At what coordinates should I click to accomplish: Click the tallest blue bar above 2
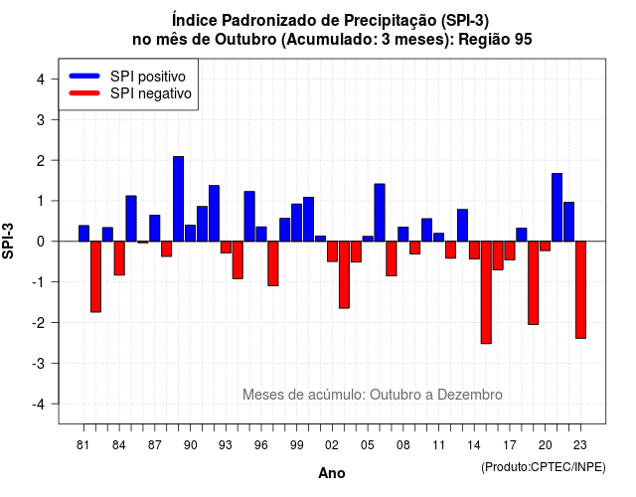[179, 199]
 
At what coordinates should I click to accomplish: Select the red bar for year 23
[580, 289]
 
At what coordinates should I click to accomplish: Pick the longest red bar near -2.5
[486, 292]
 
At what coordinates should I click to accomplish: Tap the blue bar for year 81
[83, 234]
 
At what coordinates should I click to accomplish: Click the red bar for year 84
[119, 258]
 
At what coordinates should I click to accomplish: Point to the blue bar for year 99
[297, 223]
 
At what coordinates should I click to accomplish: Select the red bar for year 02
[332, 251]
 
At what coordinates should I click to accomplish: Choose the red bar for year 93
[226, 248]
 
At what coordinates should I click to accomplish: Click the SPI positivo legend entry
[127, 77]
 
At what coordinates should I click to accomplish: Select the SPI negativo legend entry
[130, 93]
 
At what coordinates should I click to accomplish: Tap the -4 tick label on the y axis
[40, 405]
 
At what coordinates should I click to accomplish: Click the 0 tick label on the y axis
[41, 242]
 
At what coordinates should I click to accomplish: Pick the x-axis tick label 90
[190, 445]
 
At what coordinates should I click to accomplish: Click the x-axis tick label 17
[510, 445]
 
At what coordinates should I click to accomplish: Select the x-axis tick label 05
[368, 445]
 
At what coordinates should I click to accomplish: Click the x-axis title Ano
[332, 473]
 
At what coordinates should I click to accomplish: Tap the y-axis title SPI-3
[8, 241]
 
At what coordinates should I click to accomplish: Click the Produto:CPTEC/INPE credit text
[544, 467]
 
